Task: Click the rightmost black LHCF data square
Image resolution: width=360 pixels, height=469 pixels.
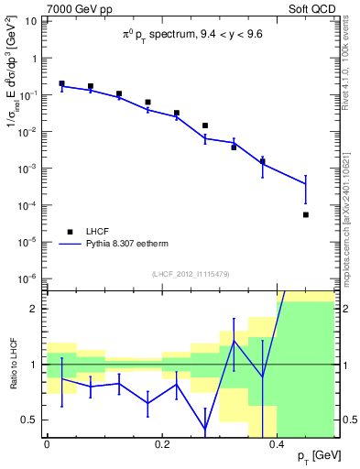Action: click(x=306, y=214)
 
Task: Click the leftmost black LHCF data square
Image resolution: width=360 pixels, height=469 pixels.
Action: click(x=61, y=83)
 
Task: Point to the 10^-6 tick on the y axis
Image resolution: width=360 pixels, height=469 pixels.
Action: click(x=29, y=278)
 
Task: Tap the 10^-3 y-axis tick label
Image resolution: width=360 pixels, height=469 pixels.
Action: click(x=29, y=169)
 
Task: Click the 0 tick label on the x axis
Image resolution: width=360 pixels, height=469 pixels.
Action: click(x=47, y=444)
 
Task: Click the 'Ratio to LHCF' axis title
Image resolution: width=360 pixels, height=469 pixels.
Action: click(x=12, y=363)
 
